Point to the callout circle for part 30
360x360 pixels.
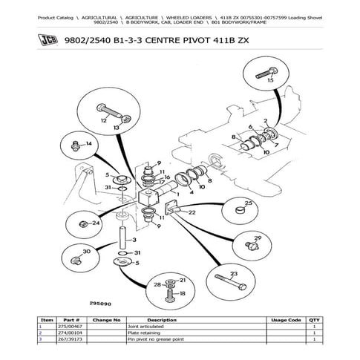click(82, 258)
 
